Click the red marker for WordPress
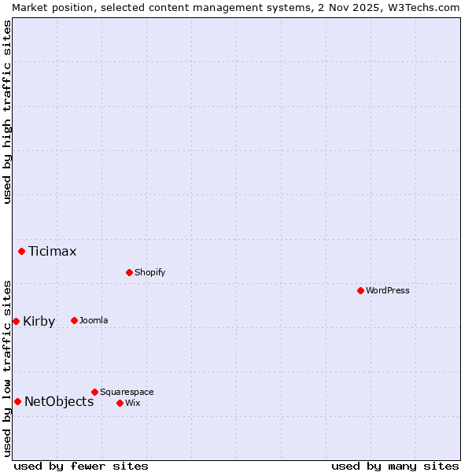coord(360,290)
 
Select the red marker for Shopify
coord(129,272)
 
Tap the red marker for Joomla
coord(74,320)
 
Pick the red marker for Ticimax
coord(21,251)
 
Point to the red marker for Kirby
coord(16,321)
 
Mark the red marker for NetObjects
coord(17,401)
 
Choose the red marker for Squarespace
coord(94,392)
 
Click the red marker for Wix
coord(120,403)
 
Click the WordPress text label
coord(388,290)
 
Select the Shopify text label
coord(149,272)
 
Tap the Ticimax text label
coord(53,252)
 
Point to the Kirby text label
coord(39,322)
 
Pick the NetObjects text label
coord(59,402)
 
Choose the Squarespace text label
coord(127,392)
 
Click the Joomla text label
coord(94,320)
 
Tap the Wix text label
coord(132,403)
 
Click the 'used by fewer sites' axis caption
coord(81,466)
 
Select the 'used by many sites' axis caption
coord(395,466)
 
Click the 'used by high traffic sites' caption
coord(7,112)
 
